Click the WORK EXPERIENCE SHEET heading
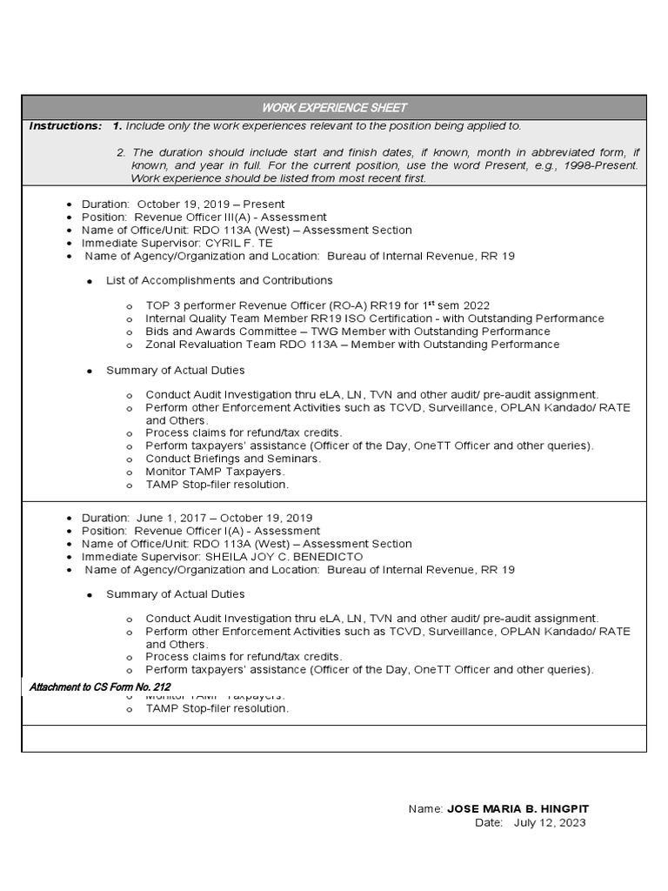pyautogui.click(x=335, y=107)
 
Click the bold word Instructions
pyautogui.click(x=65, y=126)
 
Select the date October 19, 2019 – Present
pyautogui.click(x=210, y=204)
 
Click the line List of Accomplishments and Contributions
pyautogui.click(x=219, y=280)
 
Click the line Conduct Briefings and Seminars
pyautogui.click(x=233, y=459)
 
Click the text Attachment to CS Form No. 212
pyautogui.click(x=100, y=687)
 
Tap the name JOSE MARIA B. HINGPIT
pyautogui.click(x=518, y=809)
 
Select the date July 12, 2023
pyautogui.click(x=550, y=822)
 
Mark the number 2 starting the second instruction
pyautogui.click(x=120, y=152)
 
